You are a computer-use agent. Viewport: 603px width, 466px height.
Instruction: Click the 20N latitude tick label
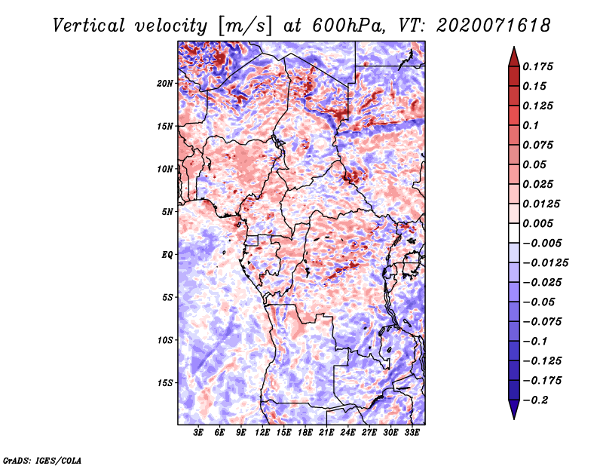click(x=165, y=83)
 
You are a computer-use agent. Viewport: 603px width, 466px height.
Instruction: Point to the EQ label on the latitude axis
click(x=167, y=255)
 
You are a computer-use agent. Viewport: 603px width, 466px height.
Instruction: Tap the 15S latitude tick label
click(x=165, y=383)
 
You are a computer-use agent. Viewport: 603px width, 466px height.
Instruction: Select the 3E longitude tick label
click(x=198, y=433)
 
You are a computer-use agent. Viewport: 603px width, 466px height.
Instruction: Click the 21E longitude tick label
click(x=326, y=433)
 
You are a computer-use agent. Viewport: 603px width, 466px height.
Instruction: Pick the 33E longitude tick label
click(x=412, y=433)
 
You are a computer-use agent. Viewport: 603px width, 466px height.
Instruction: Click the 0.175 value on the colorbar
click(x=537, y=66)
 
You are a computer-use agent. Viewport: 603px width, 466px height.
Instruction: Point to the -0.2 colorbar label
click(x=535, y=400)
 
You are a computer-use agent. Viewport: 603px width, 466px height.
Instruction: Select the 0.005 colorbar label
click(x=537, y=223)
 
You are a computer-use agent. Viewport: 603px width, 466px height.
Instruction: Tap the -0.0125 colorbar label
click(x=545, y=263)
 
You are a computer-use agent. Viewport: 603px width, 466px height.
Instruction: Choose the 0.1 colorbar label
click(x=531, y=125)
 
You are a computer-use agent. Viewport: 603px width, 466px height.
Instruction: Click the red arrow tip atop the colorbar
click(x=514, y=48)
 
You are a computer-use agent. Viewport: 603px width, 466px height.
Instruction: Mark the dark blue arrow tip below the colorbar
click(x=514, y=418)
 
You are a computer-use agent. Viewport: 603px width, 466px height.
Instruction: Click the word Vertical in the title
click(x=88, y=26)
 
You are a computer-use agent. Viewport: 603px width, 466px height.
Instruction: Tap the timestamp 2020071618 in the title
click(x=494, y=26)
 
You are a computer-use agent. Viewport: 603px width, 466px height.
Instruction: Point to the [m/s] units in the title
click(x=245, y=26)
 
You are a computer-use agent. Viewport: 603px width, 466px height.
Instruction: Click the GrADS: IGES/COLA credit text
click(x=42, y=460)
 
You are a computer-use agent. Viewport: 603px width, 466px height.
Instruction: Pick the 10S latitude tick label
click(x=165, y=340)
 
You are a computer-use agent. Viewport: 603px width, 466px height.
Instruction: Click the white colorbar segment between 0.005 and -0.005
click(x=514, y=233)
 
